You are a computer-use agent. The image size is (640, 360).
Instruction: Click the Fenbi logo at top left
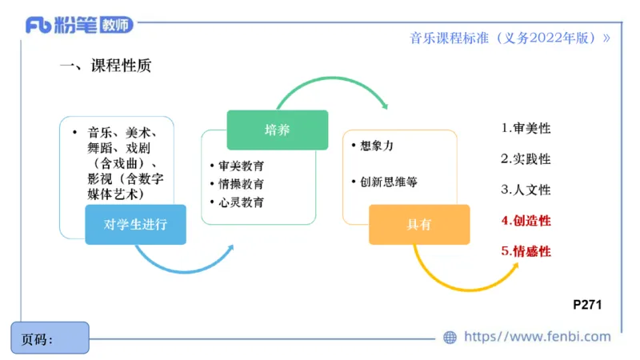pos(78,25)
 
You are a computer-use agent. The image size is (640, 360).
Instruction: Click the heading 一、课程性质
pos(105,66)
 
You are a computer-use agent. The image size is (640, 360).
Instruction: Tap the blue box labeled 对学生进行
pos(136,224)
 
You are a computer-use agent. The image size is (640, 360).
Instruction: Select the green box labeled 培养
pos(277,130)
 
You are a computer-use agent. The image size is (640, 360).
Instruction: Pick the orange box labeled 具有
pos(418,225)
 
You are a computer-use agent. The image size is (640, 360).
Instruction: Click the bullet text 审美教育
pos(241,166)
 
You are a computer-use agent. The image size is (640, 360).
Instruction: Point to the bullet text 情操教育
pos(241,184)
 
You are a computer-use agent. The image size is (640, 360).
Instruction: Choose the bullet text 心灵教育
pos(241,202)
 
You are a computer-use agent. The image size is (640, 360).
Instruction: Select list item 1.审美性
pos(526,128)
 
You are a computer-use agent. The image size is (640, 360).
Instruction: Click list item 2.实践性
pos(526,159)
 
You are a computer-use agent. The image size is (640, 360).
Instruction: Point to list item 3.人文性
pos(526,190)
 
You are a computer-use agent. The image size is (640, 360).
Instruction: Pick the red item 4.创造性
pos(526,221)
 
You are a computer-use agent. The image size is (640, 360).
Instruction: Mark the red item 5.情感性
pos(526,251)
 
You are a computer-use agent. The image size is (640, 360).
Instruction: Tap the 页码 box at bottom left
pos(50,338)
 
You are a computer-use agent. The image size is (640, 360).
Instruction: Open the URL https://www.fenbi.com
pos(537,337)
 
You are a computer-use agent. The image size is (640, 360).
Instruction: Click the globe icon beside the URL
pos(450,338)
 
